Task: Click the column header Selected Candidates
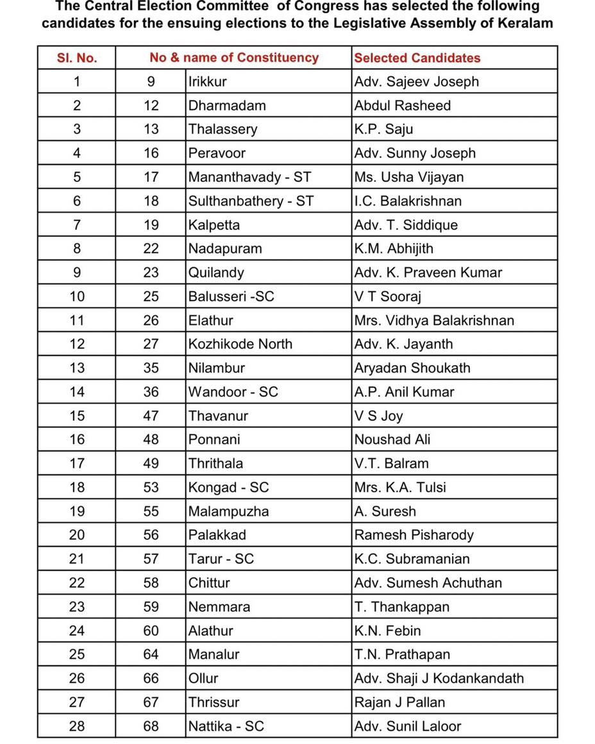(x=417, y=58)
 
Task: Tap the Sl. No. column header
(x=77, y=58)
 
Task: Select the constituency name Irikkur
(x=208, y=81)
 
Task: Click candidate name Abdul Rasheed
(x=403, y=105)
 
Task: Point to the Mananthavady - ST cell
(x=250, y=177)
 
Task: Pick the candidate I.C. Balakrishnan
(x=408, y=201)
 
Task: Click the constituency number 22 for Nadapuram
(x=151, y=249)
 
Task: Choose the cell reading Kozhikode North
(x=240, y=344)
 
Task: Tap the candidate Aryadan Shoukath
(x=412, y=368)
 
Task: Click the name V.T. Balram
(x=392, y=463)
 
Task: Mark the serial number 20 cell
(x=77, y=535)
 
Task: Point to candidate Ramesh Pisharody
(x=414, y=535)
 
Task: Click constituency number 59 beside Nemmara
(x=151, y=607)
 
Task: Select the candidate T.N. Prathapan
(x=402, y=654)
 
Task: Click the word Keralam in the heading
(x=521, y=23)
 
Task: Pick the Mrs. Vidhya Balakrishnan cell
(x=434, y=320)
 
